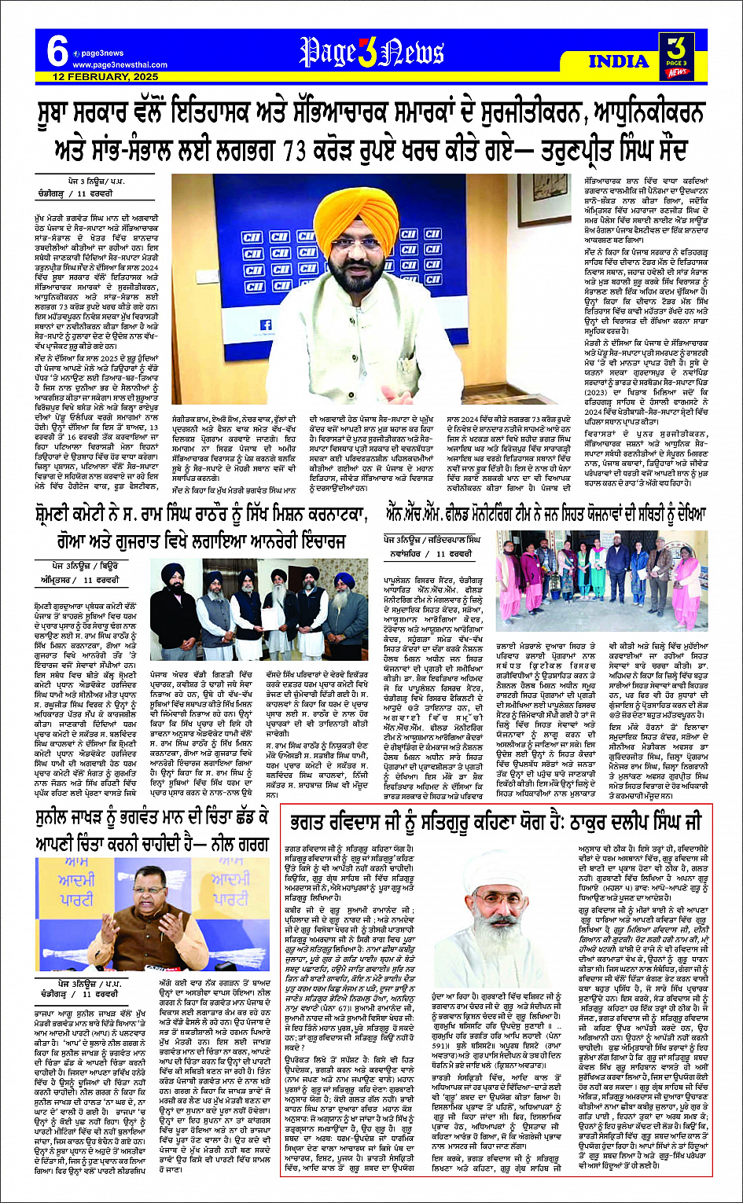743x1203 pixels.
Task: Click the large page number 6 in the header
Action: point(57,53)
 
